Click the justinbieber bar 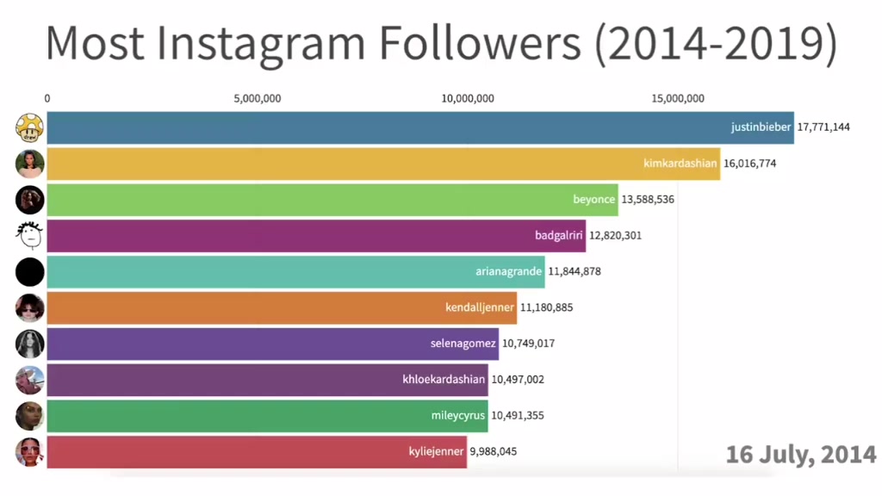click(420, 127)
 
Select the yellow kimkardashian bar click(383, 164)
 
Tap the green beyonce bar click(332, 200)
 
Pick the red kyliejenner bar click(257, 451)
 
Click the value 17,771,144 click(823, 127)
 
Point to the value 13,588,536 click(648, 200)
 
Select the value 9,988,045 click(494, 451)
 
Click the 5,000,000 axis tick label click(258, 98)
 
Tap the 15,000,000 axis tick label click(678, 98)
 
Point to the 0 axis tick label click(47, 98)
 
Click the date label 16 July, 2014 click(801, 455)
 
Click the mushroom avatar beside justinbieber click(30, 127)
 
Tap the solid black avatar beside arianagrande click(30, 271)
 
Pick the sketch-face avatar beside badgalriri click(30, 236)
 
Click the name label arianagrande click(508, 271)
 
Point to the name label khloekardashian click(444, 380)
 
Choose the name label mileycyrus click(458, 416)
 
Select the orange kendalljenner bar click(282, 307)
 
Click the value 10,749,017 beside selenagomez click(528, 344)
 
